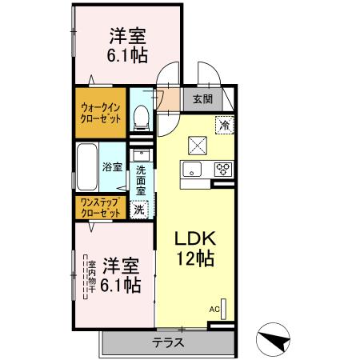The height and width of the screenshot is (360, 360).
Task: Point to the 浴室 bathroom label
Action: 112,167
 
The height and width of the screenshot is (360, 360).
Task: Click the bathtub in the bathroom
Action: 87,167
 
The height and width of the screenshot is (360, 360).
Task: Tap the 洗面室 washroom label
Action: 141,180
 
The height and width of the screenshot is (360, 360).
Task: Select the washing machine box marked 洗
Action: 139,210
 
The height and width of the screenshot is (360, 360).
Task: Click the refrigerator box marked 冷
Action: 226,124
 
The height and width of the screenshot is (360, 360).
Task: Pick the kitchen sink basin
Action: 193,169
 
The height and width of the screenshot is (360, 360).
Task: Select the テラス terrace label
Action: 168,342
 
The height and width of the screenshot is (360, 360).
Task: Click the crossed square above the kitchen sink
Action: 197,145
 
